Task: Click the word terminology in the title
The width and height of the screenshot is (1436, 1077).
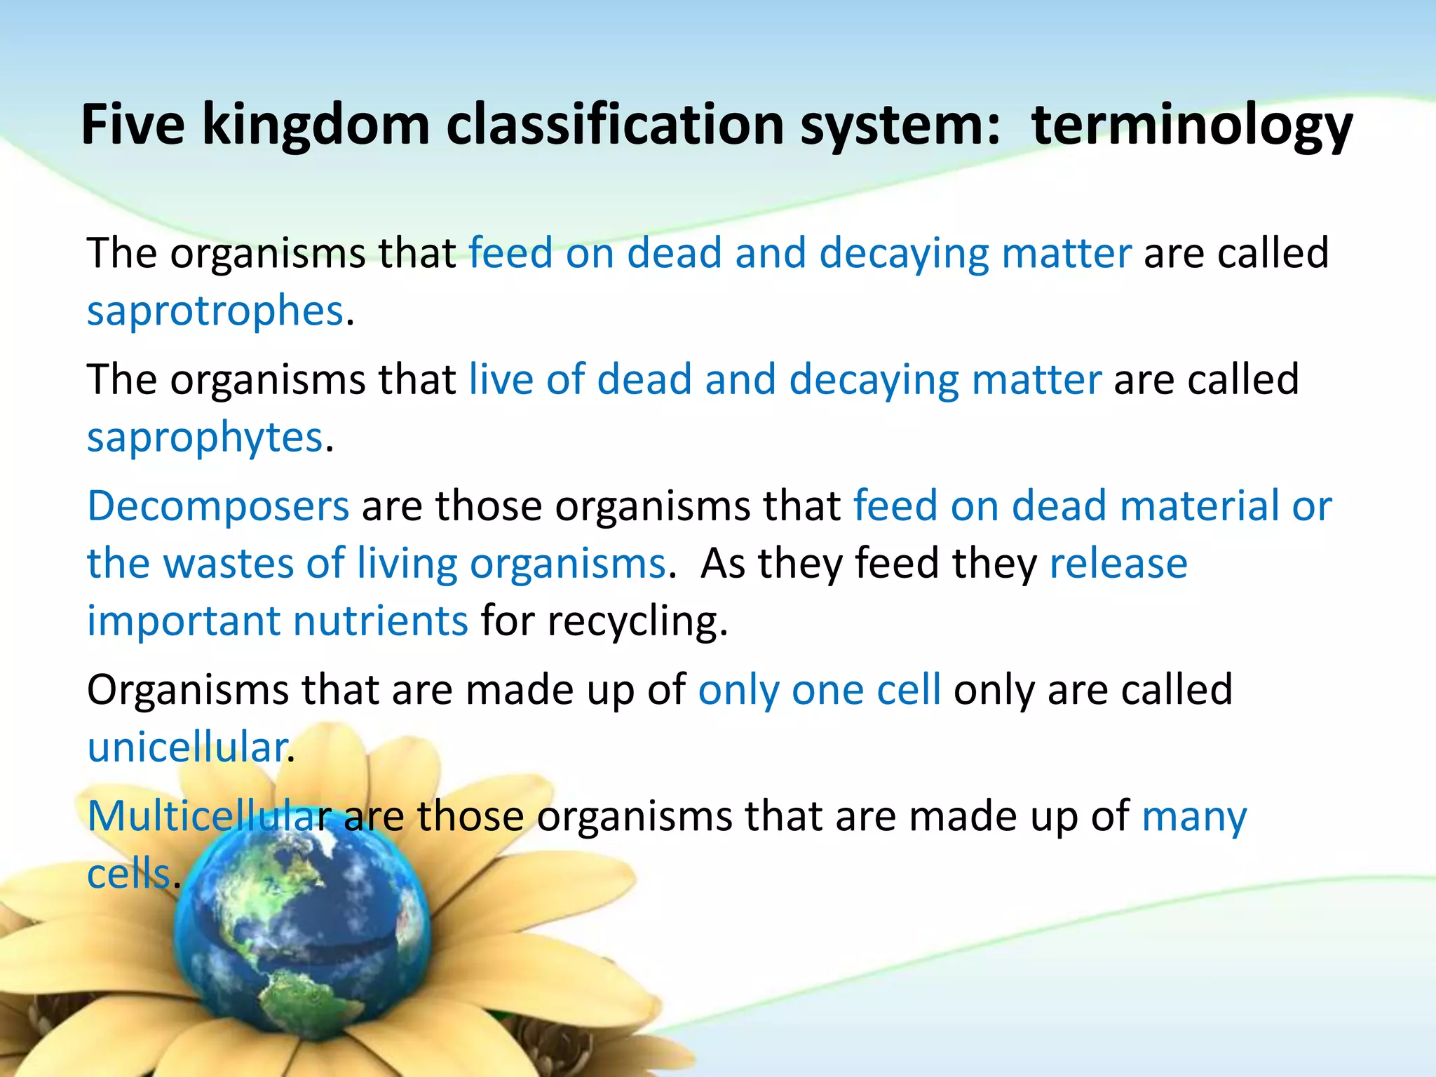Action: tap(1192, 126)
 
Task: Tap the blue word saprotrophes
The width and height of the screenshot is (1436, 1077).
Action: tap(215, 311)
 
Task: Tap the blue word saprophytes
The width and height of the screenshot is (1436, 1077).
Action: tap(205, 438)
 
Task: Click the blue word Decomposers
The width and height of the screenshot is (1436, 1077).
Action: tap(218, 506)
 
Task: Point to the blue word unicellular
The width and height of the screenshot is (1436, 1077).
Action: tap(187, 747)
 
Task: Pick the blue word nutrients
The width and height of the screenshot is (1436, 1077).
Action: tap(380, 621)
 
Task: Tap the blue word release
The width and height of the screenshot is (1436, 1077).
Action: tap(1118, 563)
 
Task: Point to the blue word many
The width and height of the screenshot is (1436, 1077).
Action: tap(1194, 818)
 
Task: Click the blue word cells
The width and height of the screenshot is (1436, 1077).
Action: tap(129, 874)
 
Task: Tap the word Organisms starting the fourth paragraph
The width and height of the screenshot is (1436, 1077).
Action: tap(187, 690)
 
